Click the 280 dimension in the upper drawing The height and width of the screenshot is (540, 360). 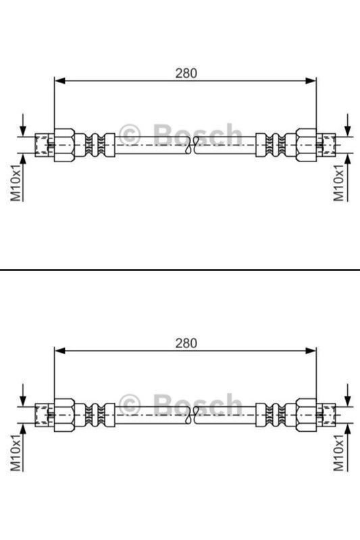(x=186, y=72)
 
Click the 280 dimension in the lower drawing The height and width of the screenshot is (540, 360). (x=186, y=343)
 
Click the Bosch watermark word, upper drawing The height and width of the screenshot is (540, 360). (x=197, y=136)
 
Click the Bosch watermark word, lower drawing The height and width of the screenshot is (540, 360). (x=197, y=406)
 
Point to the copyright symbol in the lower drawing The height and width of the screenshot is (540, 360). (x=129, y=405)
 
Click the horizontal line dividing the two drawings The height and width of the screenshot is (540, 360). (x=180, y=270)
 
